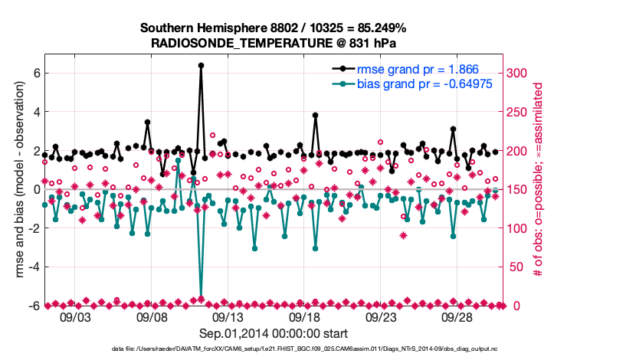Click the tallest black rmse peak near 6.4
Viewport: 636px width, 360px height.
201,66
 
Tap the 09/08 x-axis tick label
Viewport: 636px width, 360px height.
152,316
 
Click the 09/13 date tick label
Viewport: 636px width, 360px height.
228,316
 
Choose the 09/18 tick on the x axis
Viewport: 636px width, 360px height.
304,316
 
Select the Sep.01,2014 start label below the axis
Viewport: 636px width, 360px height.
274,333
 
